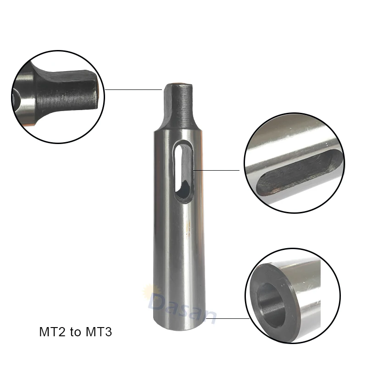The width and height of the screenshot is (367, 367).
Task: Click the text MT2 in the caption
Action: [x=50, y=332]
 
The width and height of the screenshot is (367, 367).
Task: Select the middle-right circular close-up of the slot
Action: [x=294, y=163]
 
